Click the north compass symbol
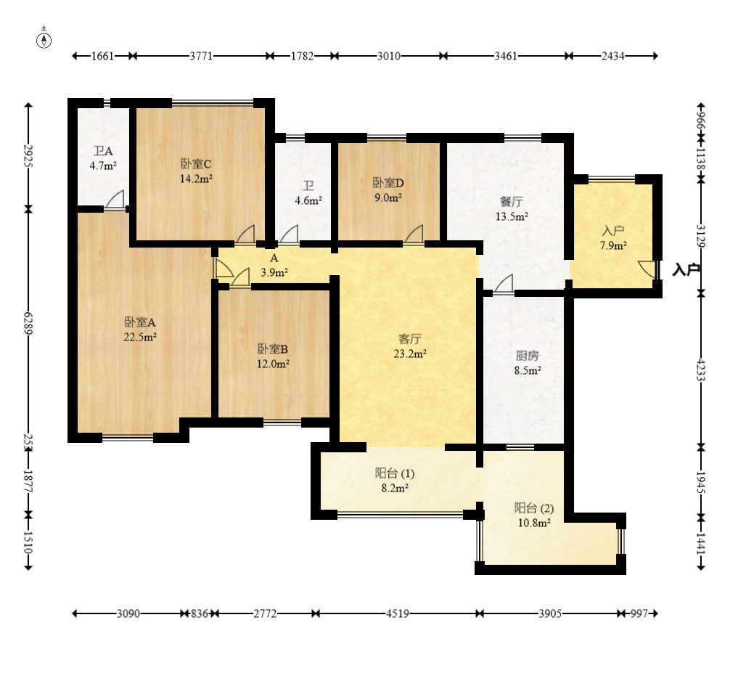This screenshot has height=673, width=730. click(x=44, y=40)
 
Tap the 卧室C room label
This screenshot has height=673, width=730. click(x=196, y=164)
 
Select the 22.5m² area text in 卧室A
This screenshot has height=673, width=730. click(x=140, y=337)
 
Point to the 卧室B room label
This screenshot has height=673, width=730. click(x=273, y=349)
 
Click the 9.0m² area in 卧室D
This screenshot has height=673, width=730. click(x=388, y=197)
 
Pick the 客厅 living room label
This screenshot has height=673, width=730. click(x=410, y=338)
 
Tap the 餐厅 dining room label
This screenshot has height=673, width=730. click(x=512, y=202)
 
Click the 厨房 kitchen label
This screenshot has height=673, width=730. click(x=528, y=356)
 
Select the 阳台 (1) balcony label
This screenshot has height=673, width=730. click(x=395, y=473)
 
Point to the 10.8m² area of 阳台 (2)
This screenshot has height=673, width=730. click(x=535, y=523)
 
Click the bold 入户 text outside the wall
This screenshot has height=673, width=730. click(x=686, y=269)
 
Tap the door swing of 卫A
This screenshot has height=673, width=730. click(x=115, y=199)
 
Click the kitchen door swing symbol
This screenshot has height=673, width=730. click(x=504, y=284)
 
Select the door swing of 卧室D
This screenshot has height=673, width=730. click(x=414, y=234)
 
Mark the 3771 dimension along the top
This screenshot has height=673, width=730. click(x=201, y=56)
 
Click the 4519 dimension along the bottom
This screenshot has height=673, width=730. click(x=398, y=614)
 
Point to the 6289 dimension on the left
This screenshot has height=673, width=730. click(x=28, y=323)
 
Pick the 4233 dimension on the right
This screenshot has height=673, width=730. click(x=701, y=369)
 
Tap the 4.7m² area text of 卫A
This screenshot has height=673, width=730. click(x=103, y=166)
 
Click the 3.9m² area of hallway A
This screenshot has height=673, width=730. click(x=274, y=272)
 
